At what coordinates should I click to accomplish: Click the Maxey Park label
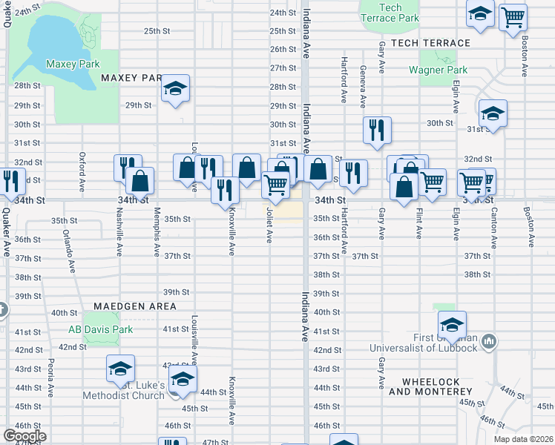point(73,64)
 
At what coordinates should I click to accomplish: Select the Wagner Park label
point(438,70)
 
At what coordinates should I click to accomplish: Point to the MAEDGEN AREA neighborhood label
point(135,306)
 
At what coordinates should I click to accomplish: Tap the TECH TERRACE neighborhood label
point(430,43)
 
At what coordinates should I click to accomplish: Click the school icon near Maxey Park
point(176,89)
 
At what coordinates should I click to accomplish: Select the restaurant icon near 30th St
point(377,130)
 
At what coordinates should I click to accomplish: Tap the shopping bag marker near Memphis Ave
point(139,179)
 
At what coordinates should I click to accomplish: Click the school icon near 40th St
point(452,323)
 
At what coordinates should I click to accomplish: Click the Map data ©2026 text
point(524,439)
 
